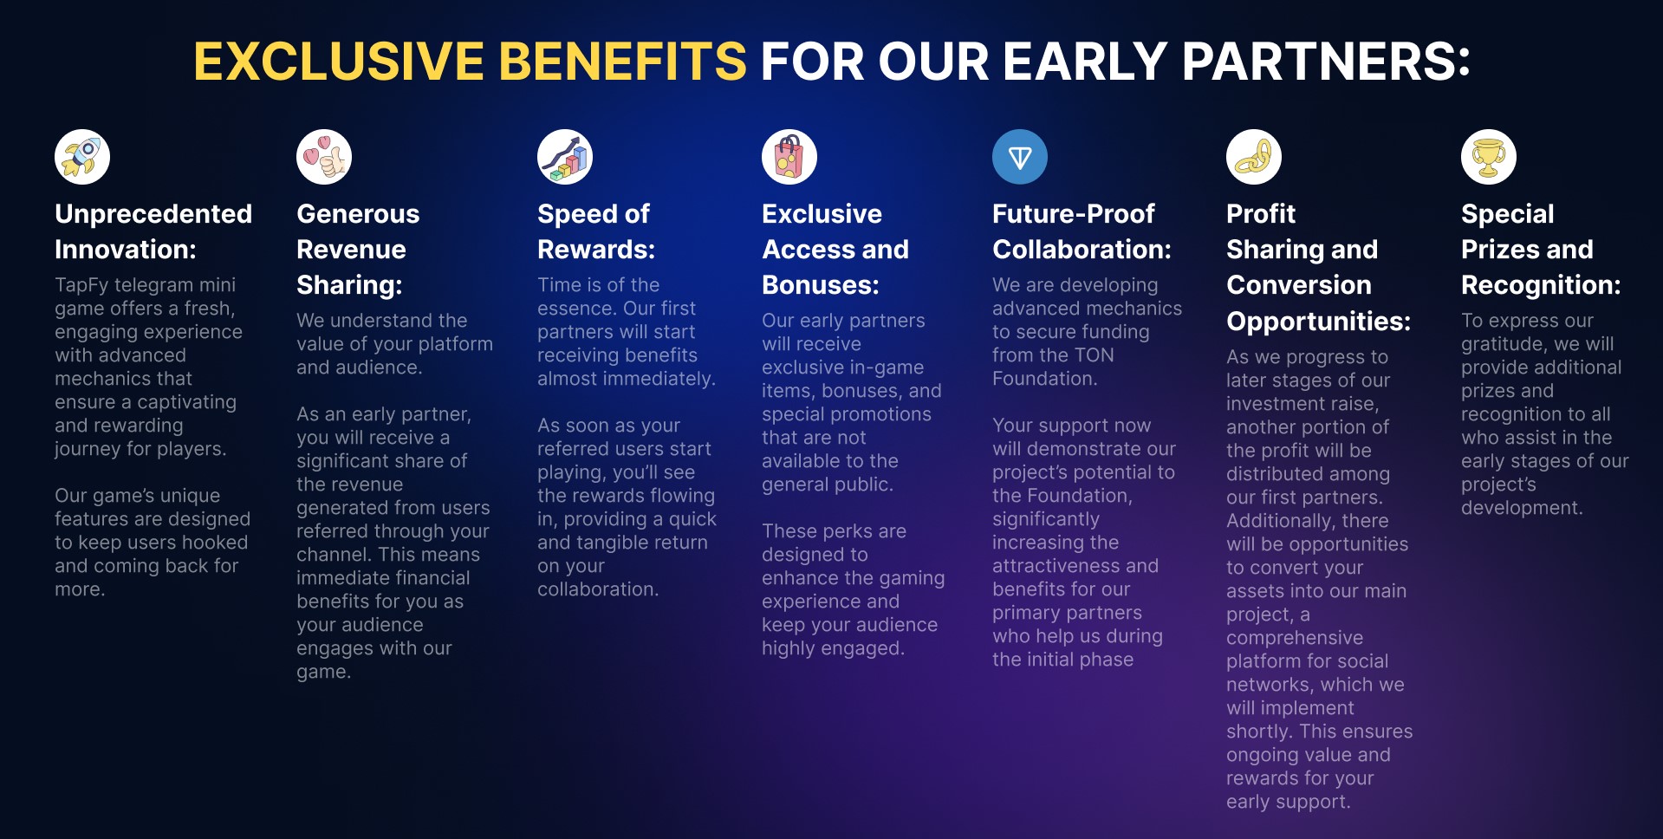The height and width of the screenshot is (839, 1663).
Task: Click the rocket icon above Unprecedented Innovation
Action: (x=82, y=157)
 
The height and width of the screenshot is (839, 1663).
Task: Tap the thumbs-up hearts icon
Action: (x=324, y=157)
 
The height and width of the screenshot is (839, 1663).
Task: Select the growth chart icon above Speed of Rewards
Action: (x=565, y=157)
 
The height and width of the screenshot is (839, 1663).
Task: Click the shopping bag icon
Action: (x=789, y=157)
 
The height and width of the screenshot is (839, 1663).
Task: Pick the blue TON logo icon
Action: (x=1020, y=157)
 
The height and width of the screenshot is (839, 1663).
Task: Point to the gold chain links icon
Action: (x=1254, y=157)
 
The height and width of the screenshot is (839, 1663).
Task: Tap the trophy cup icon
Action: (x=1489, y=157)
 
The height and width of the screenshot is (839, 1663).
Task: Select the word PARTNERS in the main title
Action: (x=1326, y=62)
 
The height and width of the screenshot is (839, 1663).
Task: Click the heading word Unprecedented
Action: (x=153, y=214)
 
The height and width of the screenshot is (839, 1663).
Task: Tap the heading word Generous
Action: (x=358, y=214)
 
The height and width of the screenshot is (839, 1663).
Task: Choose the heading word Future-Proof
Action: (x=1074, y=214)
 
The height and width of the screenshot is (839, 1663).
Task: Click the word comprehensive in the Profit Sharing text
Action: (x=1295, y=638)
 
